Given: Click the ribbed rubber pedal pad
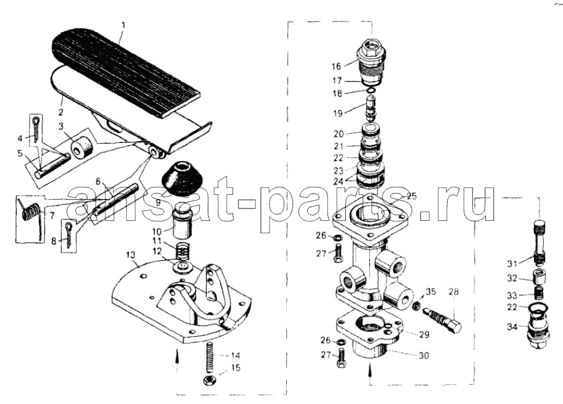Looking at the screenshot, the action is pyautogui.click(x=126, y=72).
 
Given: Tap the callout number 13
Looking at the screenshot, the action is pyautogui.click(x=131, y=255).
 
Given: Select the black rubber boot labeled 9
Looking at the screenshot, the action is pyautogui.click(x=178, y=179).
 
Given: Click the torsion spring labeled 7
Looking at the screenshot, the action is pyautogui.click(x=31, y=215).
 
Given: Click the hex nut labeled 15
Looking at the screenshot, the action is pyautogui.click(x=208, y=381).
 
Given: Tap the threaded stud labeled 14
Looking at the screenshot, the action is pyautogui.click(x=208, y=358).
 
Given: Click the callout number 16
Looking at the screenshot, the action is pyautogui.click(x=336, y=67).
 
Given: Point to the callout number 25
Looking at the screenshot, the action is pyautogui.click(x=411, y=196).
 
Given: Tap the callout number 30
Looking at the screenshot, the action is pyautogui.click(x=424, y=355).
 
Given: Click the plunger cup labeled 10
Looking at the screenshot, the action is pyautogui.click(x=183, y=223).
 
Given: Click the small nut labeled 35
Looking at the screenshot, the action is pyautogui.click(x=416, y=307).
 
